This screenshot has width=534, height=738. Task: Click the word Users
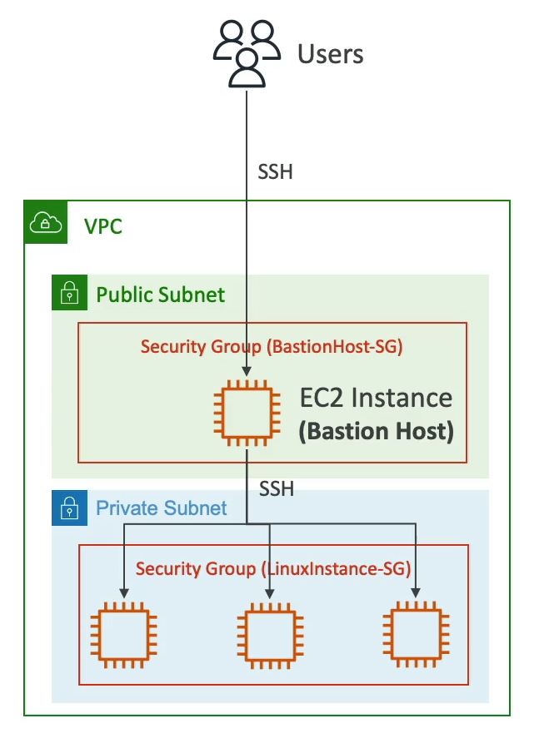tap(331, 55)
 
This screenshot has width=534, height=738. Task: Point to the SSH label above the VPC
tap(277, 174)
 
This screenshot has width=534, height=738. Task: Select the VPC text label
tap(103, 226)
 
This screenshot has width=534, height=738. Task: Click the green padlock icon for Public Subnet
tap(70, 293)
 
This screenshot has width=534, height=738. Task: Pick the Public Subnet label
tap(161, 295)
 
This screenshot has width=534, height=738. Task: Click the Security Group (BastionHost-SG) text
tap(272, 347)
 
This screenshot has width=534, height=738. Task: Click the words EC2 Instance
tap(377, 399)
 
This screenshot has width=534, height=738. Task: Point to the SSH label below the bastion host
tap(277, 489)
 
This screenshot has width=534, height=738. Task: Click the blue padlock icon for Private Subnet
tap(69, 507)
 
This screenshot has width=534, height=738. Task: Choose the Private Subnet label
tap(162, 508)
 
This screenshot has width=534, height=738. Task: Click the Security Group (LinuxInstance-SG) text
tap(272, 569)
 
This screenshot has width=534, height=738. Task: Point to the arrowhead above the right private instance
tap(415, 593)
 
